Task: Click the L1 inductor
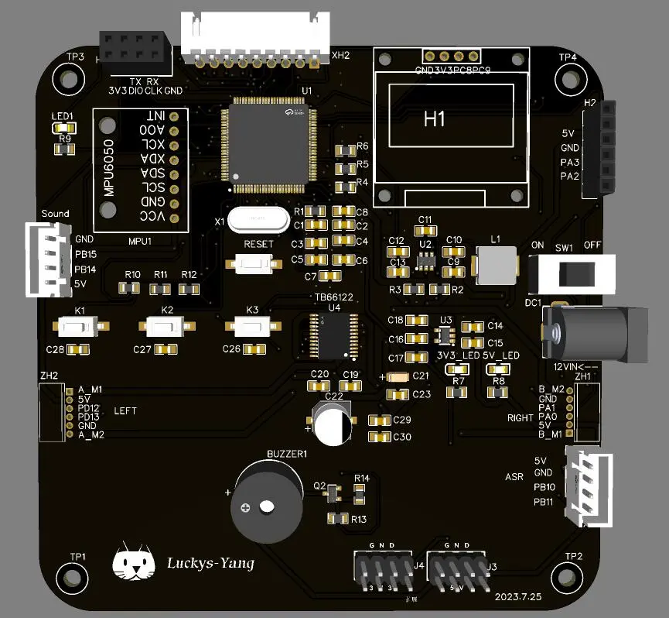click(497, 264)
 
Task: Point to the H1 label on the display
click(435, 119)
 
